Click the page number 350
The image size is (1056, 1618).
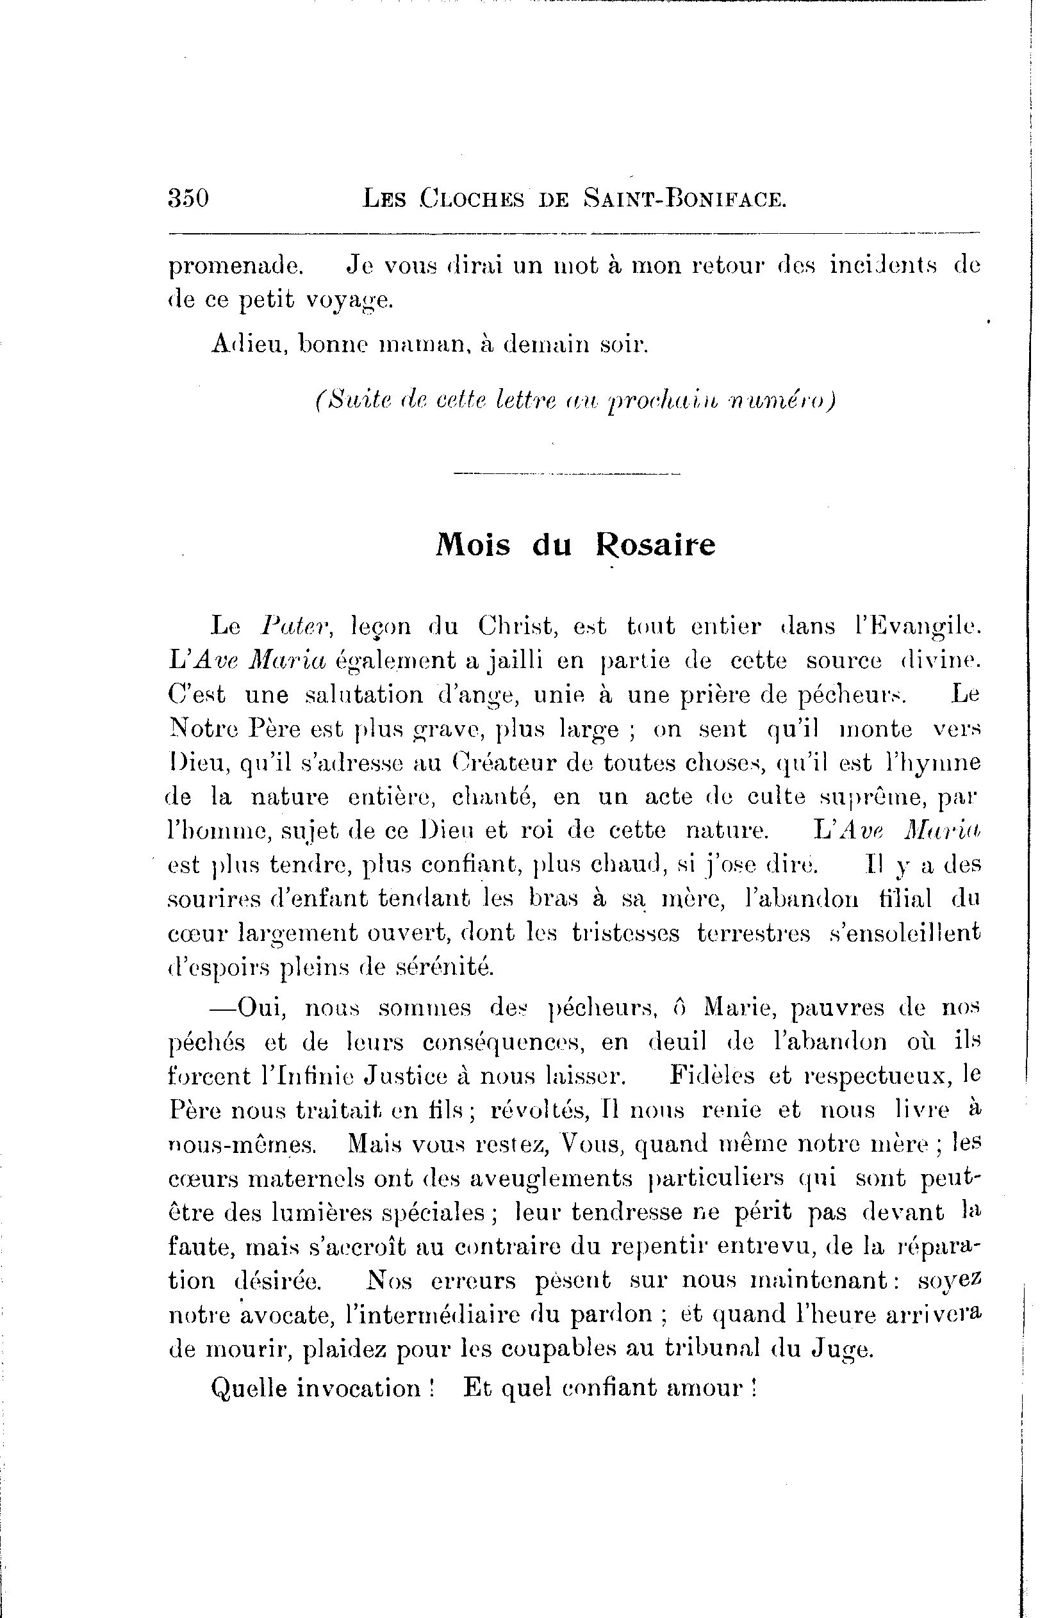point(188,199)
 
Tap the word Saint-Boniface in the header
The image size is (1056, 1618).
point(685,199)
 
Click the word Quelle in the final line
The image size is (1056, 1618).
point(248,1387)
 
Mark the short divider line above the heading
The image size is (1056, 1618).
point(566,474)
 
